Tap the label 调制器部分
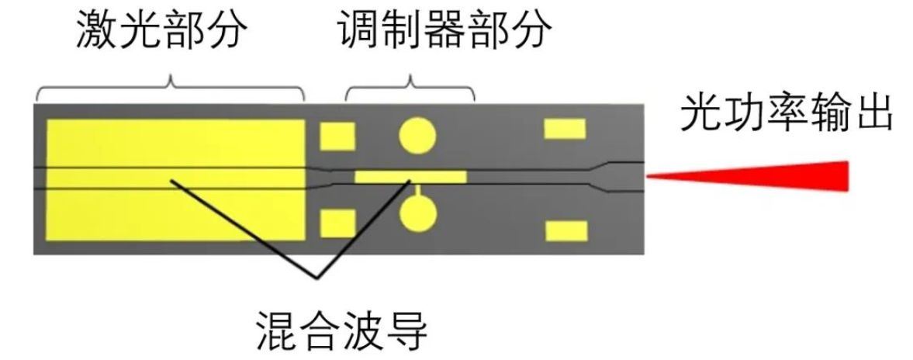445,33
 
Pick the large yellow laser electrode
175,178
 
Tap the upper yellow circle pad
417,135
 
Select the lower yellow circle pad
417,213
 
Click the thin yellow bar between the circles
410,176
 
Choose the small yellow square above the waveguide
337,136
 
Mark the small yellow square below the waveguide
337,223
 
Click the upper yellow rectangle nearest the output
565,129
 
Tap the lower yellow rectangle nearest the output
565,230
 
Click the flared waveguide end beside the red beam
621,175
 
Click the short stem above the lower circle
417,189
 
